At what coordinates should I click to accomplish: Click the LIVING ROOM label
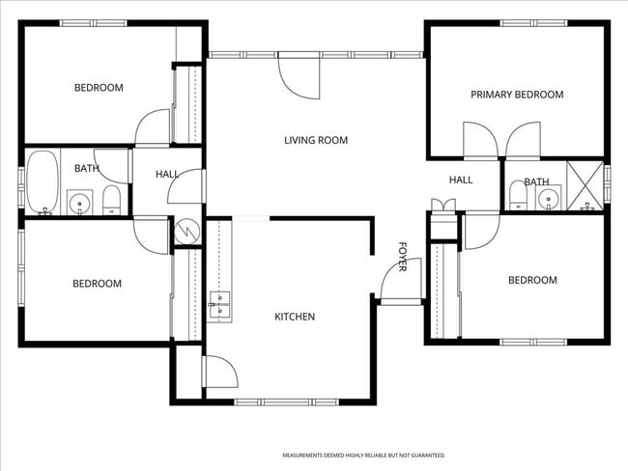(316, 141)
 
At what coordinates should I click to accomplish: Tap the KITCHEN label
(295, 317)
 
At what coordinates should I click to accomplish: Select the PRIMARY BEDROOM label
(516, 95)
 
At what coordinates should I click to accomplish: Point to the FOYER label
(402, 257)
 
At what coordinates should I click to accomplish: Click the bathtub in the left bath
(43, 183)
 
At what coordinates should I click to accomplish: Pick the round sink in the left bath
(78, 203)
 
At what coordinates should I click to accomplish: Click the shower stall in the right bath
(585, 184)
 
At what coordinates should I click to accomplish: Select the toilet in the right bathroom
(518, 198)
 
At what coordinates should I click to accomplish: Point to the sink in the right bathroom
(550, 200)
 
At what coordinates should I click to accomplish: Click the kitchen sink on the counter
(219, 304)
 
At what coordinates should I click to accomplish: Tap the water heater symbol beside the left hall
(186, 232)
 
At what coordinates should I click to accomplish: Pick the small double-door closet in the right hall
(443, 205)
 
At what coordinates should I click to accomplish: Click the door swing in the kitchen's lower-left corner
(218, 372)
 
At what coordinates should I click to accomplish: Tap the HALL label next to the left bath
(167, 175)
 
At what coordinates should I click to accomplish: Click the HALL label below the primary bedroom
(461, 180)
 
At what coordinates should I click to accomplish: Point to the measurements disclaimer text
(363, 455)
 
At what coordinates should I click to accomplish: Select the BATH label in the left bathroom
(87, 169)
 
